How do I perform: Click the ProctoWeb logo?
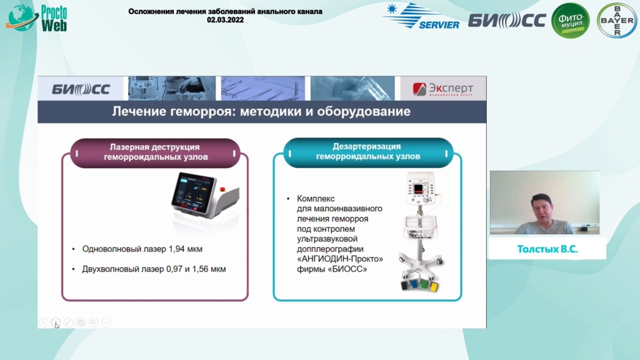36,18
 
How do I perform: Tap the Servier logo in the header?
421,16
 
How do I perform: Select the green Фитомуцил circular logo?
571,21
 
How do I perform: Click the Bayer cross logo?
617,21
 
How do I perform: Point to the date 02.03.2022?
225,20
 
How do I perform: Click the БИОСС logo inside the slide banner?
81,89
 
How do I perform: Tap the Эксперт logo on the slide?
443,89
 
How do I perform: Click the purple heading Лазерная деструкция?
155,147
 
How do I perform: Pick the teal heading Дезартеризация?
366,146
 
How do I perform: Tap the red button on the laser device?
222,189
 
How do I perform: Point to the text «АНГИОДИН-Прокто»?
340,259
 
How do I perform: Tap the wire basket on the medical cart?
420,226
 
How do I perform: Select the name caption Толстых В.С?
547,249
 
